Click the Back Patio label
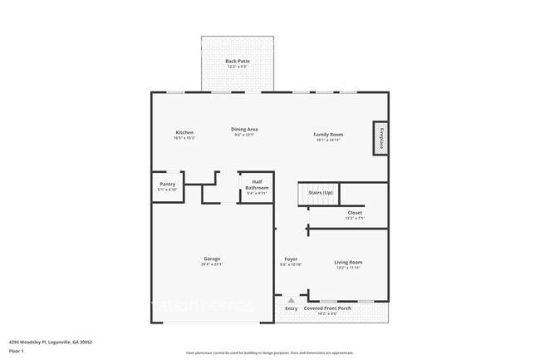tap(237, 61)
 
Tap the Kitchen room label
tap(184, 133)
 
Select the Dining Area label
tap(244, 130)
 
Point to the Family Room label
tap(328, 134)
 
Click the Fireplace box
tap(381, 137)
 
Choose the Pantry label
tap(167, 185)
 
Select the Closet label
tap(354, 213)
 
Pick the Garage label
tap(212, 259)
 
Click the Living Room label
tap(348, 262)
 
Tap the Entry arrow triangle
tap(291, 299)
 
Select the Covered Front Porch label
tap(327, 308)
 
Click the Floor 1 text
tap(17, 350)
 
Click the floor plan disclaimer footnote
tap(270, 353)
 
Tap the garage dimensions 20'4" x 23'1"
tap(212, 264)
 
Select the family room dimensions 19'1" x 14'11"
tap(328, 140)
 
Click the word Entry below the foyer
tap(291, 308)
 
